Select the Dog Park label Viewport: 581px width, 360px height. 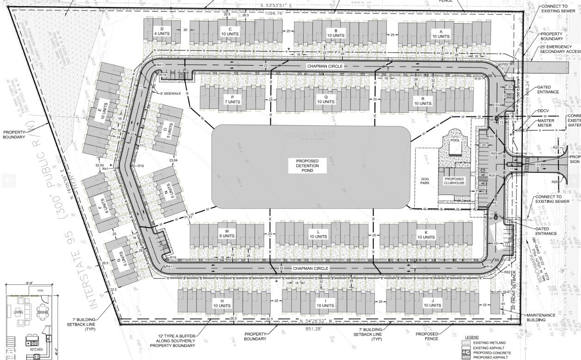coord(425,180)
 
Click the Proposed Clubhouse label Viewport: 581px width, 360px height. coord(454,181)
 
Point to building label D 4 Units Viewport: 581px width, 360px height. coord(162,31)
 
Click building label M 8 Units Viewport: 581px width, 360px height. coord(227,233)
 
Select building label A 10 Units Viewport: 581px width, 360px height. coord(440,34)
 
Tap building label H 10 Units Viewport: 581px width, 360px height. coord(222,303)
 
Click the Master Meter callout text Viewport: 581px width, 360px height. coord(545,122)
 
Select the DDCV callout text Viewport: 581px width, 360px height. coord(543,111)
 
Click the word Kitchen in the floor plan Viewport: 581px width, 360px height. coord(37,350)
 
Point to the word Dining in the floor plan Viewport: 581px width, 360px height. coord(43,312)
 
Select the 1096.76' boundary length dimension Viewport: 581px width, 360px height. coord(274,13)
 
